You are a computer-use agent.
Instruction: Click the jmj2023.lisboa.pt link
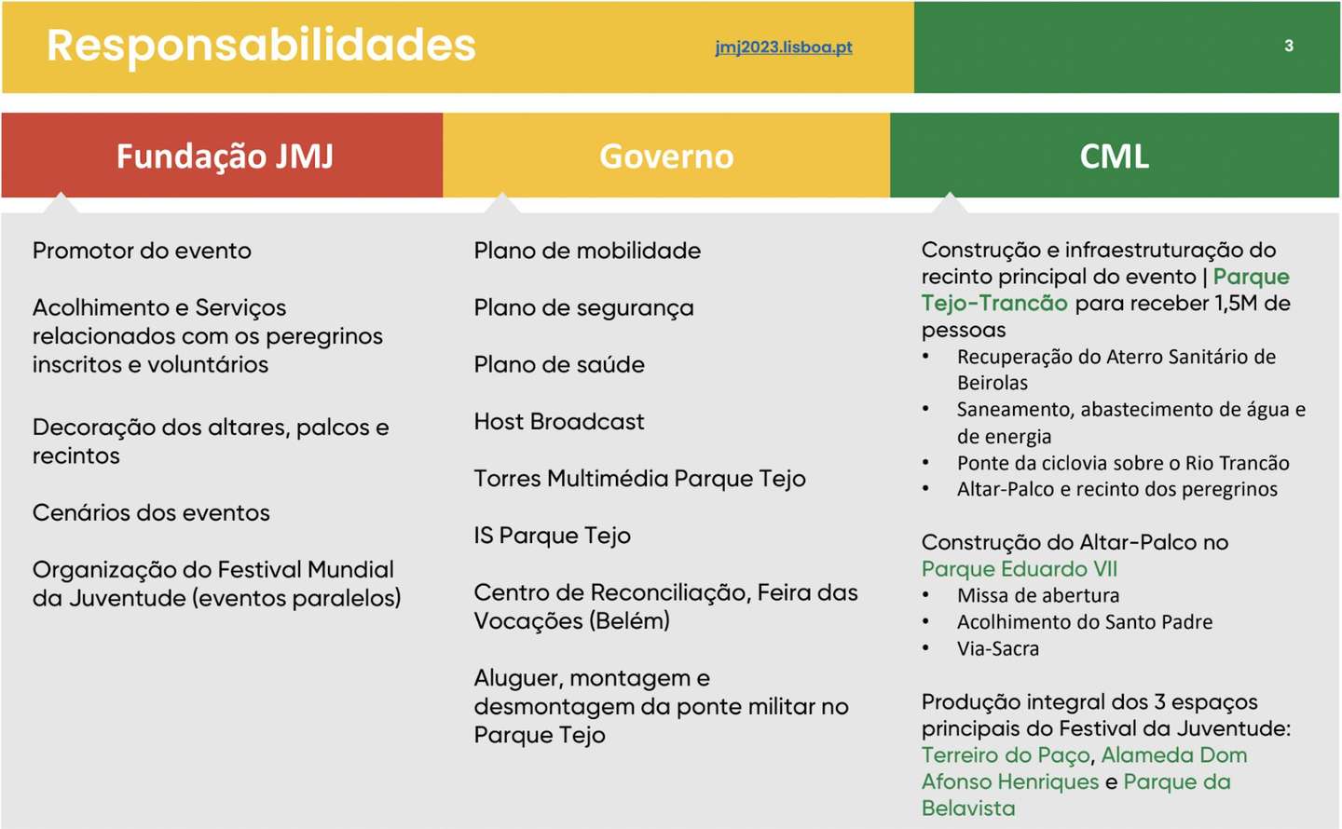784,47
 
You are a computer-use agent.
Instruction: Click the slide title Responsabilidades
261,45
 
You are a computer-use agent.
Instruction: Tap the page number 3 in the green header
1289,46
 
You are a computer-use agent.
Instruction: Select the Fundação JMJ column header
225,156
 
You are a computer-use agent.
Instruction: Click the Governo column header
666,156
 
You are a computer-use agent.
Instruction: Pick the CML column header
1115,156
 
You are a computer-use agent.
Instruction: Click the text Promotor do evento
142,251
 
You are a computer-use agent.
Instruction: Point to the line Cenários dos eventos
151,512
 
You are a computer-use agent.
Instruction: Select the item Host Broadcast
559,421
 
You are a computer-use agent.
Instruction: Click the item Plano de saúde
559,364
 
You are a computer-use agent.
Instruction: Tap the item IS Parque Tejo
552,536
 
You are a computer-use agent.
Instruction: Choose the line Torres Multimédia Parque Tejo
639,479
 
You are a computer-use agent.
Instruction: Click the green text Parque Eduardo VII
1020,568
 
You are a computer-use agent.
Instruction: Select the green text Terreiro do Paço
1006,754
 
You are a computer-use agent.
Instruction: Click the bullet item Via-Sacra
997,648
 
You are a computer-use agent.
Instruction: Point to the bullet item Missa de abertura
1037,595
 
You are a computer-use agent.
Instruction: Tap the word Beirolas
993,383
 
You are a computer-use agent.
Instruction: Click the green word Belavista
968,808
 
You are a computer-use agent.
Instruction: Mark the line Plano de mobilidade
587,251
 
